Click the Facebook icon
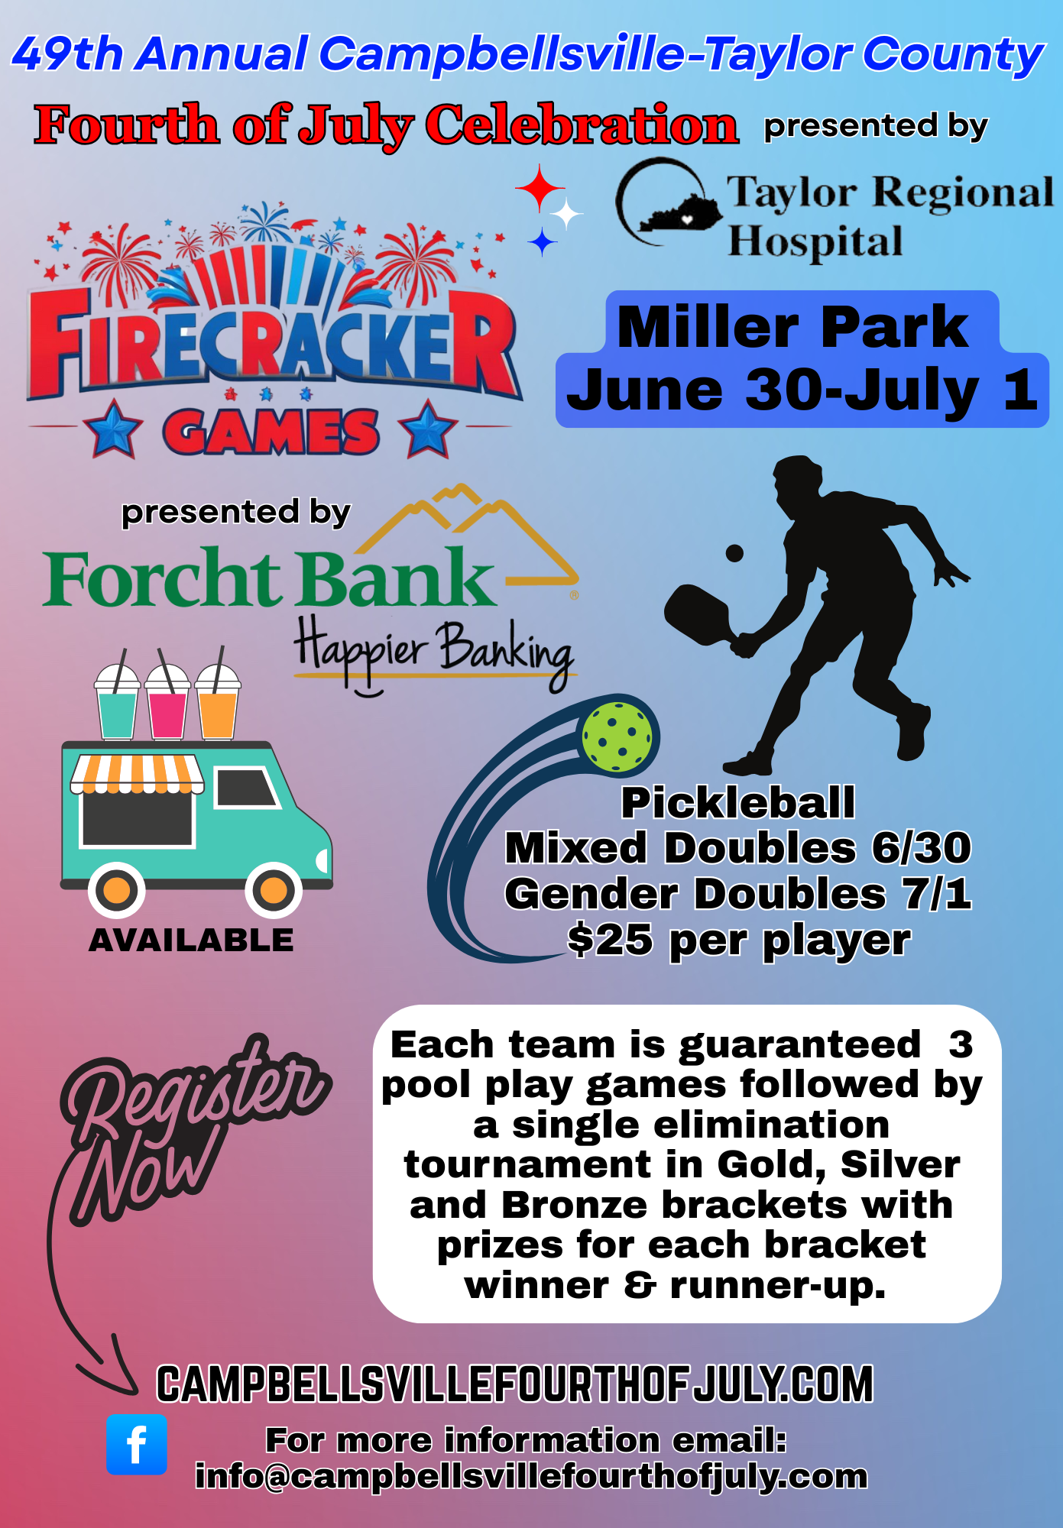137,1444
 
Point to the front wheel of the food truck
274,890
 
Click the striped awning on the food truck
138,774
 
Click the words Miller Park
792,327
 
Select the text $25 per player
739,940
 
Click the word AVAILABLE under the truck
191,940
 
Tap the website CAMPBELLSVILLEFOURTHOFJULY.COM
514,1384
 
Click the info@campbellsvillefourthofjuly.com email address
531,1477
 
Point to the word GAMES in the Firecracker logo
271,431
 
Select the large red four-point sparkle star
540,188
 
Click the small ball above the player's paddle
734,553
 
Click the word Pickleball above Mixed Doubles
738,802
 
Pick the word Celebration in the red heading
582,125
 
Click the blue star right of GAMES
427,429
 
